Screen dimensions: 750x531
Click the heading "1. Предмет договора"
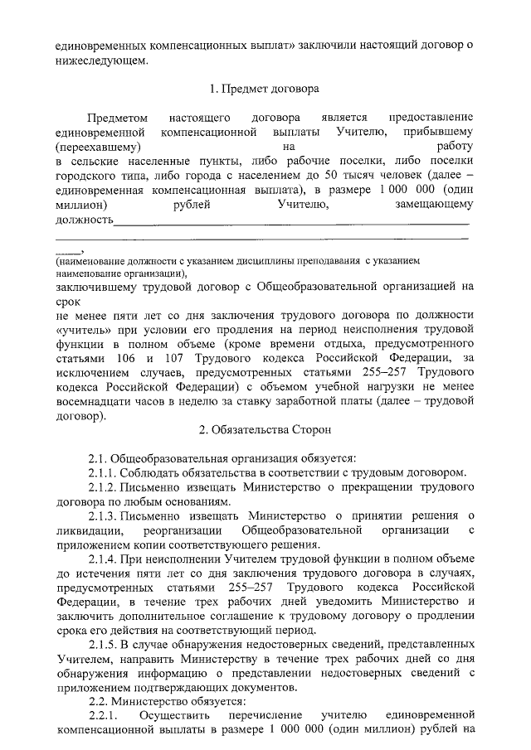click(265, 87)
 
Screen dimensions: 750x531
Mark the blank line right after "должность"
click(290, 220)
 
